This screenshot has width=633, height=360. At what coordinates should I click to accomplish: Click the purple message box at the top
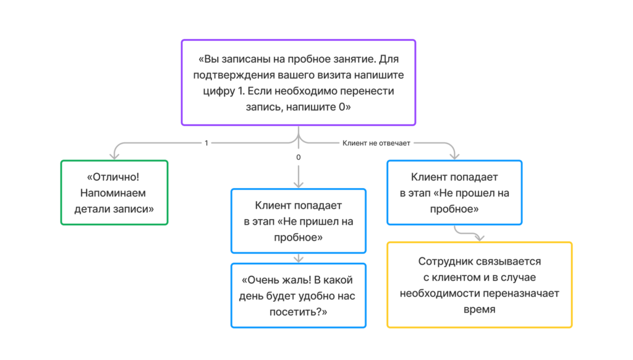tap(298, 82)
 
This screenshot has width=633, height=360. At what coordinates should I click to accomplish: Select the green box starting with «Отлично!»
tap(114, 192)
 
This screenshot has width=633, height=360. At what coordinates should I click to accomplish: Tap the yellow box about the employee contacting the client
tap(479, 285)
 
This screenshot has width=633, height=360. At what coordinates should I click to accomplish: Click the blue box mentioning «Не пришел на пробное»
tap(298, 221)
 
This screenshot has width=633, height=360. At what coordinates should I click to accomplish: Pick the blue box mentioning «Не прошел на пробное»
tap(454, 192)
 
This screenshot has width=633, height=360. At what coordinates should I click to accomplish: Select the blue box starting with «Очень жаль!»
tap(298, 296)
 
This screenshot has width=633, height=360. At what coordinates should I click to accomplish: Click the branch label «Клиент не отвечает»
tap(376, 143)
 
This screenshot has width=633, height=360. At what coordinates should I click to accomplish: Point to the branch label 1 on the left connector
tap(206, 143)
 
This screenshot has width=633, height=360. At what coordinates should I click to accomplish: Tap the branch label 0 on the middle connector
tap(299, 158)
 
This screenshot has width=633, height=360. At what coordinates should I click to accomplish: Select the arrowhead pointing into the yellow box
tap(479, 237)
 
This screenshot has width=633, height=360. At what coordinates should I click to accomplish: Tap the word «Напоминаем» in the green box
tap(114, 193)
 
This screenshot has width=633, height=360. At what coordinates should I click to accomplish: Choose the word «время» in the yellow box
tap(479, 309)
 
